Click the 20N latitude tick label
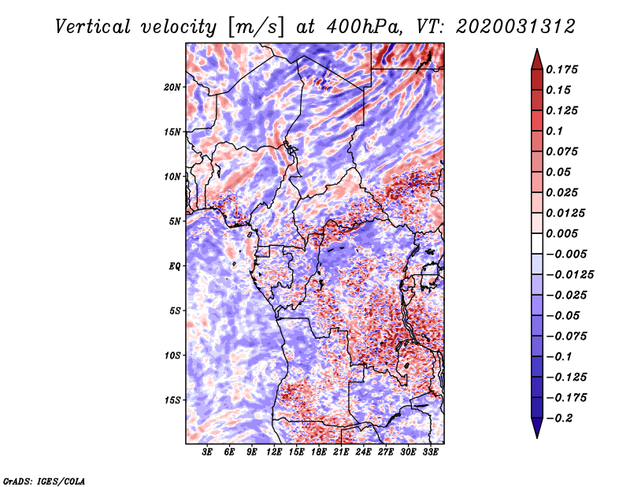point(172,87)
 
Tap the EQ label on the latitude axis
point(175,266)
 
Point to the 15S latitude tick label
point(172,400)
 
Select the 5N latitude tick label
point(175,221)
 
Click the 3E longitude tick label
point(207,452)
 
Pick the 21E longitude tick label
point(341,452)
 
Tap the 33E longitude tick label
point(430,452)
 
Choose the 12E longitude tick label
point(274,452)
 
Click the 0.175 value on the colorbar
point(561,69)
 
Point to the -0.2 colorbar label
point(559,418)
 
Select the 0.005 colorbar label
point(561,233)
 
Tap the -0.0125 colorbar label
point(569,275)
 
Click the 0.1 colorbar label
point(554,131)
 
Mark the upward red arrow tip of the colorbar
point(537,49)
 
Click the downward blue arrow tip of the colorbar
point(537,437)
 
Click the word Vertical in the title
point(93,27)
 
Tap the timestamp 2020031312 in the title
point(516,27)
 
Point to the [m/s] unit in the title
point(256,28)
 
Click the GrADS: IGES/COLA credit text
point(44,481)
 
